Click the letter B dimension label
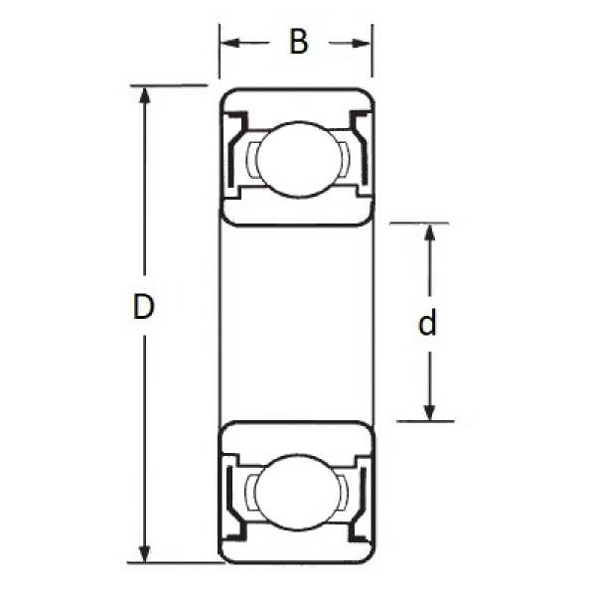(x=298, y=42)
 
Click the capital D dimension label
(x=144, y=306)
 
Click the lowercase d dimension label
(x=427, y=322)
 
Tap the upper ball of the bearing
(x=300, y=159)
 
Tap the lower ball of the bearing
(x=299, y=492)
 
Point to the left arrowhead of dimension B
(x=230, y=43)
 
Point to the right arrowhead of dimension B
(x=361, y=44)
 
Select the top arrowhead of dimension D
(x=144, y=95)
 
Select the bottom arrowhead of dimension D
(x=144, y=553)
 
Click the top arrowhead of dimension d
(x=429, y=231)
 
